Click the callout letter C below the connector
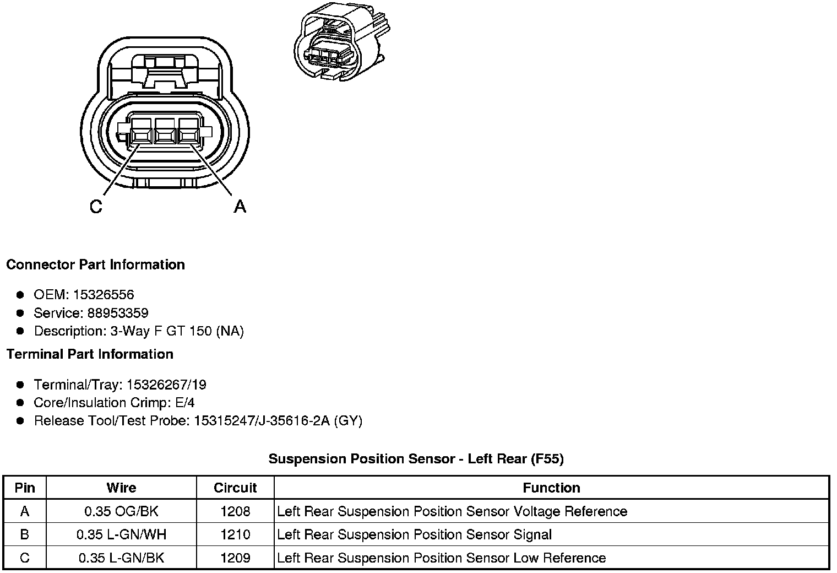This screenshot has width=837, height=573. point(96,207)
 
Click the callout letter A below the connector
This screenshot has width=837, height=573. point(240,207)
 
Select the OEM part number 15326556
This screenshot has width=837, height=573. point(107,295)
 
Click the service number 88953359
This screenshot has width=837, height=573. point(118,313)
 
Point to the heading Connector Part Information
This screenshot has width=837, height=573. point(95,264)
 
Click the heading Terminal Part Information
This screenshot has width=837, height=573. point(90,354)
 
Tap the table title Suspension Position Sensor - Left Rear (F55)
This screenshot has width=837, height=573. point(416,459)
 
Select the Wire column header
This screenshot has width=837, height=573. point(121,488)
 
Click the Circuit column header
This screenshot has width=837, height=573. point(235,488)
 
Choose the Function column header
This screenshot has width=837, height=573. point(551,488)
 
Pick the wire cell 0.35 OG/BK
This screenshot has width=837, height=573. point(121,511)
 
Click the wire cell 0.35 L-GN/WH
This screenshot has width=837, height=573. point(121,534)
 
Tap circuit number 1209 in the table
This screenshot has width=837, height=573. point(235,558)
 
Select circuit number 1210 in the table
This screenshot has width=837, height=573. point(235,534)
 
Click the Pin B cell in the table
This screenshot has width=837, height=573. point(25,534)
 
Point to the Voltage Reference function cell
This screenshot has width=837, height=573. point(452,511)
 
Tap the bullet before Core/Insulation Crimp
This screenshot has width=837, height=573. point(20,403)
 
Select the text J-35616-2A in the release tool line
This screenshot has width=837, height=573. point(295,421)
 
